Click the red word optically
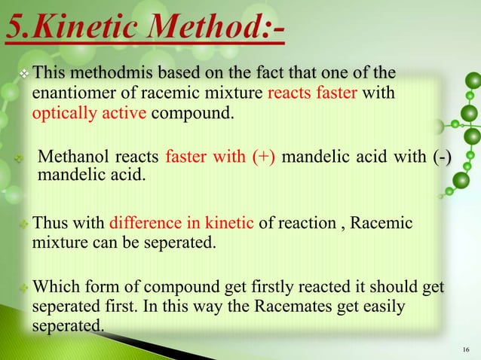pyautogui.click(x=62, y=114)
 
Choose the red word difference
pyautogui.click(x=145, y=223)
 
